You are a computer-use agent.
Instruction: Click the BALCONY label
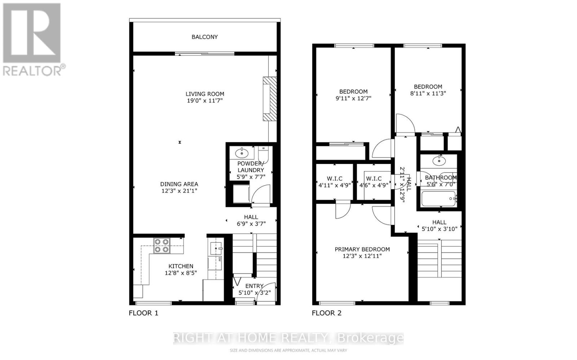coord(204,37)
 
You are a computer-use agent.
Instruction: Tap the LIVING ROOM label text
coord(205,94)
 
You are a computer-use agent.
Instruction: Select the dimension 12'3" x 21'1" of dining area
coord(179,191)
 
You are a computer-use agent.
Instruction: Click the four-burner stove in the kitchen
coord(162,245)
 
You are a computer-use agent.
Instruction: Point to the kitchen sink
coord(216,248)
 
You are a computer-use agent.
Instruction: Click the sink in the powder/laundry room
coord(242,153)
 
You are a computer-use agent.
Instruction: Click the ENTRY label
coord(254,286)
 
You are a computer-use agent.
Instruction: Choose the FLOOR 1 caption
coord(144,313)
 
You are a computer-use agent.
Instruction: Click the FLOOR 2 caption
coord(326,313)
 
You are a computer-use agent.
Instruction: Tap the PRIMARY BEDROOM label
coord(362,249)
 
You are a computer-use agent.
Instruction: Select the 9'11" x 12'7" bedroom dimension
coord(353,98)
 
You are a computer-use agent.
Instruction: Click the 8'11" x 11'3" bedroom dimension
coord(428,93)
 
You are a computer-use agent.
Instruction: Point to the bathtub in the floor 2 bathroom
coord(438,199)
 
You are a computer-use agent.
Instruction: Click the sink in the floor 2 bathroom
coord(439,160)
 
